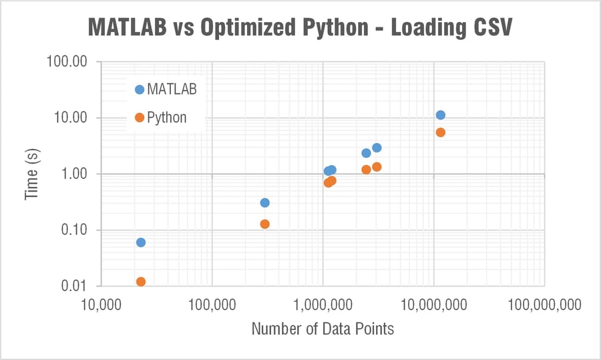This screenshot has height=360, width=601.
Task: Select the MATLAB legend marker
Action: point(140,89)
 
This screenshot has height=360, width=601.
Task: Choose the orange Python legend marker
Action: point(140,118)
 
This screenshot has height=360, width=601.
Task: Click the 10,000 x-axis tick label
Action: point(101,305)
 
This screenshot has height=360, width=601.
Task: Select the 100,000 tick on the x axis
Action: point(212,305)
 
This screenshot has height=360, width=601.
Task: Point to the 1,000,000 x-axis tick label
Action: point(323,305)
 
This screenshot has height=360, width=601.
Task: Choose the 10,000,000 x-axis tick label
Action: point(433,305)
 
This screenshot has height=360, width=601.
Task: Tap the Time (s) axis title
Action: point(31,174)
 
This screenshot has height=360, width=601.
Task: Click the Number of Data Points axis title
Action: point(323,329)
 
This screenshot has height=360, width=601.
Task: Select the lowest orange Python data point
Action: point(141,282)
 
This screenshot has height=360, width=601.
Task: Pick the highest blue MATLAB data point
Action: point(441,115)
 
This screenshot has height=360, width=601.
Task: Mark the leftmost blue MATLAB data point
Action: point(141,242)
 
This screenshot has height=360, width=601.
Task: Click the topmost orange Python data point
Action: point(441,132)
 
